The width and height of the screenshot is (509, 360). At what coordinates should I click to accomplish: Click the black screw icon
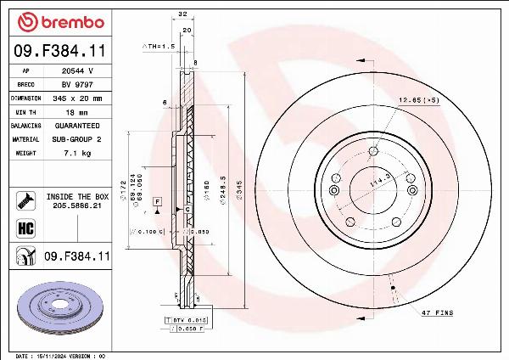[24, 200]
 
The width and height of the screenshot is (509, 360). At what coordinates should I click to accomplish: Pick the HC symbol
[24, 228]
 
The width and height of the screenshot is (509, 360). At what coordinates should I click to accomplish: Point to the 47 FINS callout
[437, 313]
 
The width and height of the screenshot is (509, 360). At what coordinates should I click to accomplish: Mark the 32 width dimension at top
[183, 14]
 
